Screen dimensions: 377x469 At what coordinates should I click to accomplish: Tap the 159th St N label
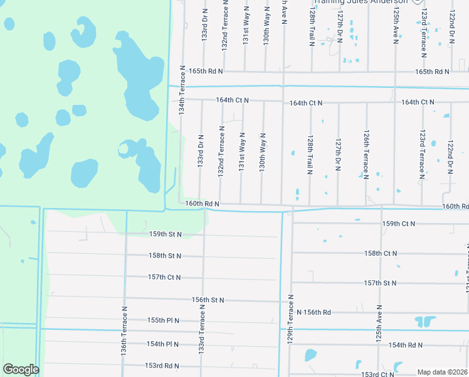pos(165,234)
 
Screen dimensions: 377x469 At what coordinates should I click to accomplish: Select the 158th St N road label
pos(165,256)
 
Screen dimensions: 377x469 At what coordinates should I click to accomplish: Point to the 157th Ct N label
pos(164,277)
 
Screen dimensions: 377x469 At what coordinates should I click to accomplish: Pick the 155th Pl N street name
pos(163,320)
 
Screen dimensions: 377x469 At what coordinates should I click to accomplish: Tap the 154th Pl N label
pos(163,344)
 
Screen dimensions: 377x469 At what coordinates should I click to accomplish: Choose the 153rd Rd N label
pos(162,366)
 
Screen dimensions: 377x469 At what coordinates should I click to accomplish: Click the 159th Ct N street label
pos(399,224)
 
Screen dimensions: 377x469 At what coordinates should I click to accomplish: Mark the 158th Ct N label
pos(381,253)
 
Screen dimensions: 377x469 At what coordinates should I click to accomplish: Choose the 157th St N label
pos(380,283)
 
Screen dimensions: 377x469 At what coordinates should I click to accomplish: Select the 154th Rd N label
pos(405,345)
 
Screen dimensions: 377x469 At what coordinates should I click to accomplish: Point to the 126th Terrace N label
pos(366,154)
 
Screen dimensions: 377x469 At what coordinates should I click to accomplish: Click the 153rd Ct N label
pos(377,374)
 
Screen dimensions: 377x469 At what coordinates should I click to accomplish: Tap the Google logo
pos(21,369)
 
